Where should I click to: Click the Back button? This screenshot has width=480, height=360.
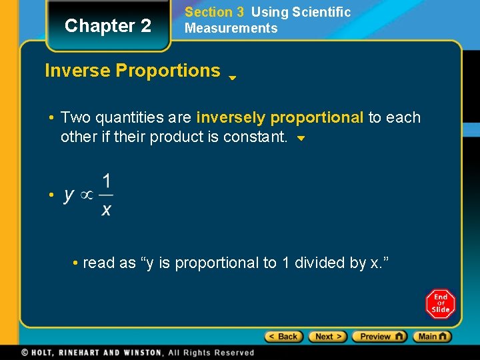(x=284, y=337)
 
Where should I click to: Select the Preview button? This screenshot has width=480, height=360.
(x=379, y=337)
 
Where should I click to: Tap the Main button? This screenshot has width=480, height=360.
(x=432, y=337)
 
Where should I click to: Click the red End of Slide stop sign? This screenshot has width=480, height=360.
(x=440, y=304)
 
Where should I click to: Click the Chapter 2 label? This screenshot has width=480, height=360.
(x=108, y=26)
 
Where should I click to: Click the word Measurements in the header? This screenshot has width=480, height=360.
(x=231, y=28)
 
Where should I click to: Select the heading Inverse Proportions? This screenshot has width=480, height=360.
(x=132, y=71)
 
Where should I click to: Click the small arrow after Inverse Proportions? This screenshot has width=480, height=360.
(x=232, y=77)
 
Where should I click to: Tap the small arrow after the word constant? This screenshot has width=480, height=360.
(x=301, y=139)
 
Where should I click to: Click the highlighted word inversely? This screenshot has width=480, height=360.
(x=231, y=118)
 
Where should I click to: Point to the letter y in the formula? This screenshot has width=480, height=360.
(x=69, y=195)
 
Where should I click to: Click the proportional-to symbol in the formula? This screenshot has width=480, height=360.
(x=87, y=195)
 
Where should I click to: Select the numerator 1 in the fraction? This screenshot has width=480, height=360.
(x=107, y=181)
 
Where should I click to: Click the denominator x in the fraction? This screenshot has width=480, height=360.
(x=107, y=210)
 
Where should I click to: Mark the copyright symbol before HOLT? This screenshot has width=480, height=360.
(x=25, y=353)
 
